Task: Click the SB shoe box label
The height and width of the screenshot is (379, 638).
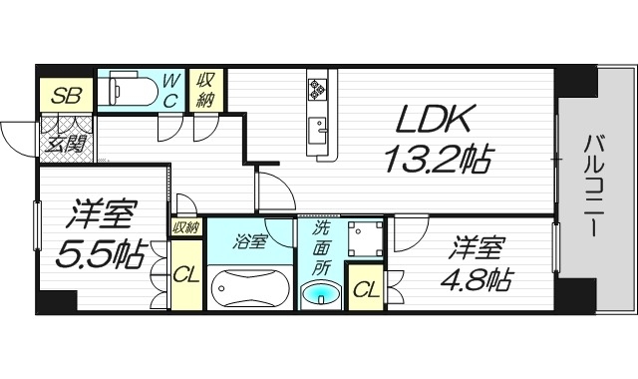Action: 66,96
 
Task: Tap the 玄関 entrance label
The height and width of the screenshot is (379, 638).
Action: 66,141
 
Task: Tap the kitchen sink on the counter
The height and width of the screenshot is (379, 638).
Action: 320,128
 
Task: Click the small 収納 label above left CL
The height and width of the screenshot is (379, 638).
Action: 185,227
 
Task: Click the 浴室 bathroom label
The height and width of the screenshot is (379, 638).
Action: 249,241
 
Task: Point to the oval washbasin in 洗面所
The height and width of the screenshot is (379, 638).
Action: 321,294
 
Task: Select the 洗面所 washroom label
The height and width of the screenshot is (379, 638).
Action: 320,247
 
